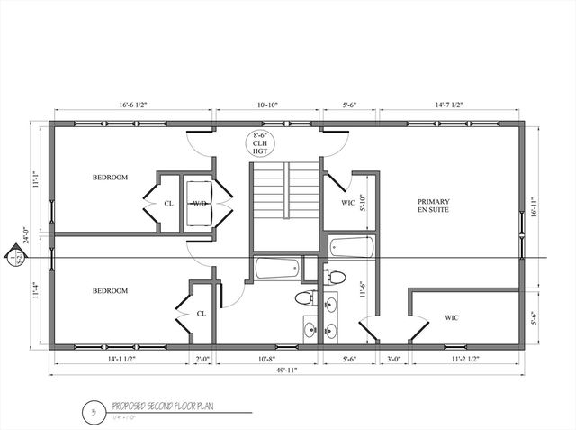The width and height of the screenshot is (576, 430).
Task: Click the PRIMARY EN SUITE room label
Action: (433, 205)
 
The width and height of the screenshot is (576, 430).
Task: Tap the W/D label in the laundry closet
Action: (198, 204)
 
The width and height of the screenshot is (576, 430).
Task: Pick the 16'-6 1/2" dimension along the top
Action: (132, 105)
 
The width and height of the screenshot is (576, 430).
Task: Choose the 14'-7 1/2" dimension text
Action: (449, 105)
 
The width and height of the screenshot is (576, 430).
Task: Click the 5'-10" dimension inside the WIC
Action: (362, 204)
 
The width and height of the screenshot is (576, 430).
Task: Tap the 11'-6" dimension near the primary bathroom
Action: (362, 289)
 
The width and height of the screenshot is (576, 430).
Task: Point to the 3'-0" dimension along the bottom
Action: (392, 359)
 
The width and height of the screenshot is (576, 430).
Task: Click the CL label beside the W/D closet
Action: (168, 204)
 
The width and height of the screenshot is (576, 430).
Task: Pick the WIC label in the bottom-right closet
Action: (452, 317)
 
